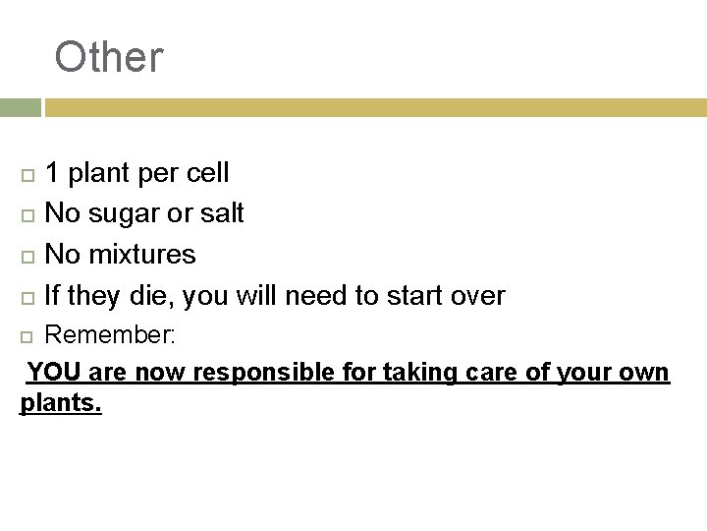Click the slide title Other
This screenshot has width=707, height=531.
point(109,57)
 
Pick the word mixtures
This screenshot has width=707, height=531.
point(142,255)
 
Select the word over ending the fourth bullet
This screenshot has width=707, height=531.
point(475,295)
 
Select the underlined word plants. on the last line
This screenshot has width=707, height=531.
point(61,404)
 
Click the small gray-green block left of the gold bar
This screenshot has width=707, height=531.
point(20,107)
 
